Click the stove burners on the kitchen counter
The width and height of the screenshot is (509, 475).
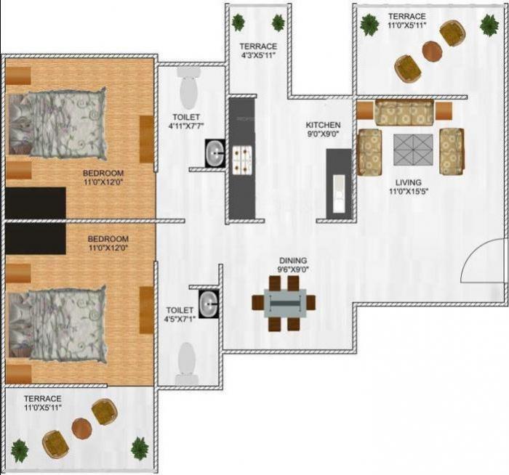click(241, 157)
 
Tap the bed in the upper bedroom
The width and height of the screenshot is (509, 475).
click(57, 122)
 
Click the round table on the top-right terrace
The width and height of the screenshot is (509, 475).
click(432, 51)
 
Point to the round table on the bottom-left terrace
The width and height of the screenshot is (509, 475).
click(81, 429)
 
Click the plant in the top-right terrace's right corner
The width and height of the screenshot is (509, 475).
click(489, 25)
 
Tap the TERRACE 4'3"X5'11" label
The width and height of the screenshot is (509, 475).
click(258, 51)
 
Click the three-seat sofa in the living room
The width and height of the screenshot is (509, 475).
click(404, 113)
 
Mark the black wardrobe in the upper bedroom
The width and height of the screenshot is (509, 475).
click(35, 203)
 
